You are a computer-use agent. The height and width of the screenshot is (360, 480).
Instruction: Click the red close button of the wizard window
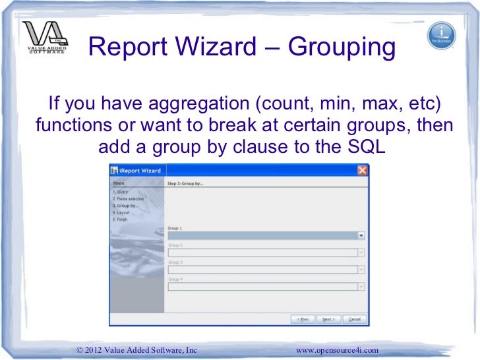pyautogui.click(x=362, y=171)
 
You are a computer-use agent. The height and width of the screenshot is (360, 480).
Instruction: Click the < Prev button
pyautogui.click(x=303, y=319)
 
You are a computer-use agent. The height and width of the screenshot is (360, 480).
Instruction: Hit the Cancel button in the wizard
pyautogui.click(x=354, y=319)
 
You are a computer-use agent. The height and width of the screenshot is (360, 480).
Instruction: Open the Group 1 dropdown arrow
pyautogui.click(x=361, y=235)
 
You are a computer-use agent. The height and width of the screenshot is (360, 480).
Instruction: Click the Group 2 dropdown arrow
pyautogui.click(x=361, y=252)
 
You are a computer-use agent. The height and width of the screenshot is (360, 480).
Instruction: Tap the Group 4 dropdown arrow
pyautogui.click(x=361, y=286)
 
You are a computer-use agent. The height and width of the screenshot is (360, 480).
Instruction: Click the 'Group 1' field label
pyautogui.click(x=175, y=228)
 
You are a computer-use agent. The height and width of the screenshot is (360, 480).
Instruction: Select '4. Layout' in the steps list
pyautogui.click(x=121, y=212)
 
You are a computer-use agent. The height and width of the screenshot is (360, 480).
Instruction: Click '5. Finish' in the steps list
pyautogui.click(x=120, y=220)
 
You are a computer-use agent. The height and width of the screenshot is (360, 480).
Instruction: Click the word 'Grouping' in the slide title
pyautogui.click(x=338, y=47)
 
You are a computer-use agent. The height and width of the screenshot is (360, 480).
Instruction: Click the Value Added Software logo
pyautogui.click(x=44, y=41)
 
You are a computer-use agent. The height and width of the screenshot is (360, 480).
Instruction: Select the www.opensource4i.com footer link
pyautogui.click(x=338, y=349)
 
